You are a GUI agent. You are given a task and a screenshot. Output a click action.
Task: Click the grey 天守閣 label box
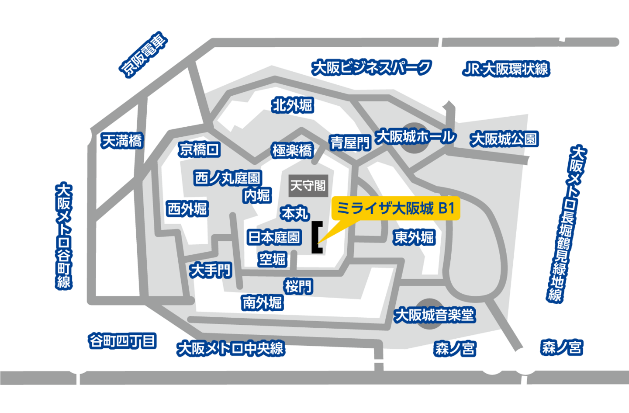308,186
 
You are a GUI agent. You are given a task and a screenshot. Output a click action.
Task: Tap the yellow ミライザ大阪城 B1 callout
396,209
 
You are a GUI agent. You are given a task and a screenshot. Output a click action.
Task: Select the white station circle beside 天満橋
78,135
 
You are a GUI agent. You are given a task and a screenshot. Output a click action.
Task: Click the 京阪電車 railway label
144,54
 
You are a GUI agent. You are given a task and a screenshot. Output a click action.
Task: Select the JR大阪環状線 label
505,69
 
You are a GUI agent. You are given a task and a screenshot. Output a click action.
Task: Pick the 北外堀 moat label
292,105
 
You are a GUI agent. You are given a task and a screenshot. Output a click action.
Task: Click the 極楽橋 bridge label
292,151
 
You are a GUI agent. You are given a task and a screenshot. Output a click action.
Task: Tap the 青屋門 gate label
350,142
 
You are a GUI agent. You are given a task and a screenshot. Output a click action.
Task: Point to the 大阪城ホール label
415,137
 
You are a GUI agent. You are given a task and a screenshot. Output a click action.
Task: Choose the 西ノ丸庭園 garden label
228,178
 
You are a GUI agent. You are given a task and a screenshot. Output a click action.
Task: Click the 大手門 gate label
211,270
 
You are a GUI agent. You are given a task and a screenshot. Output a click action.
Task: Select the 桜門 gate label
299,287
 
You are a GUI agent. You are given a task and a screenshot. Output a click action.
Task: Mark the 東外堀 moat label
414,238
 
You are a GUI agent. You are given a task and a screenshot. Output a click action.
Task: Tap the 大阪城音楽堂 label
434,315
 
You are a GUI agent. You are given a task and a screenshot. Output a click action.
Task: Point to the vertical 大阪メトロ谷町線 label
64,236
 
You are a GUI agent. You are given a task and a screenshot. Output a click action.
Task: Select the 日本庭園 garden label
274,237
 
